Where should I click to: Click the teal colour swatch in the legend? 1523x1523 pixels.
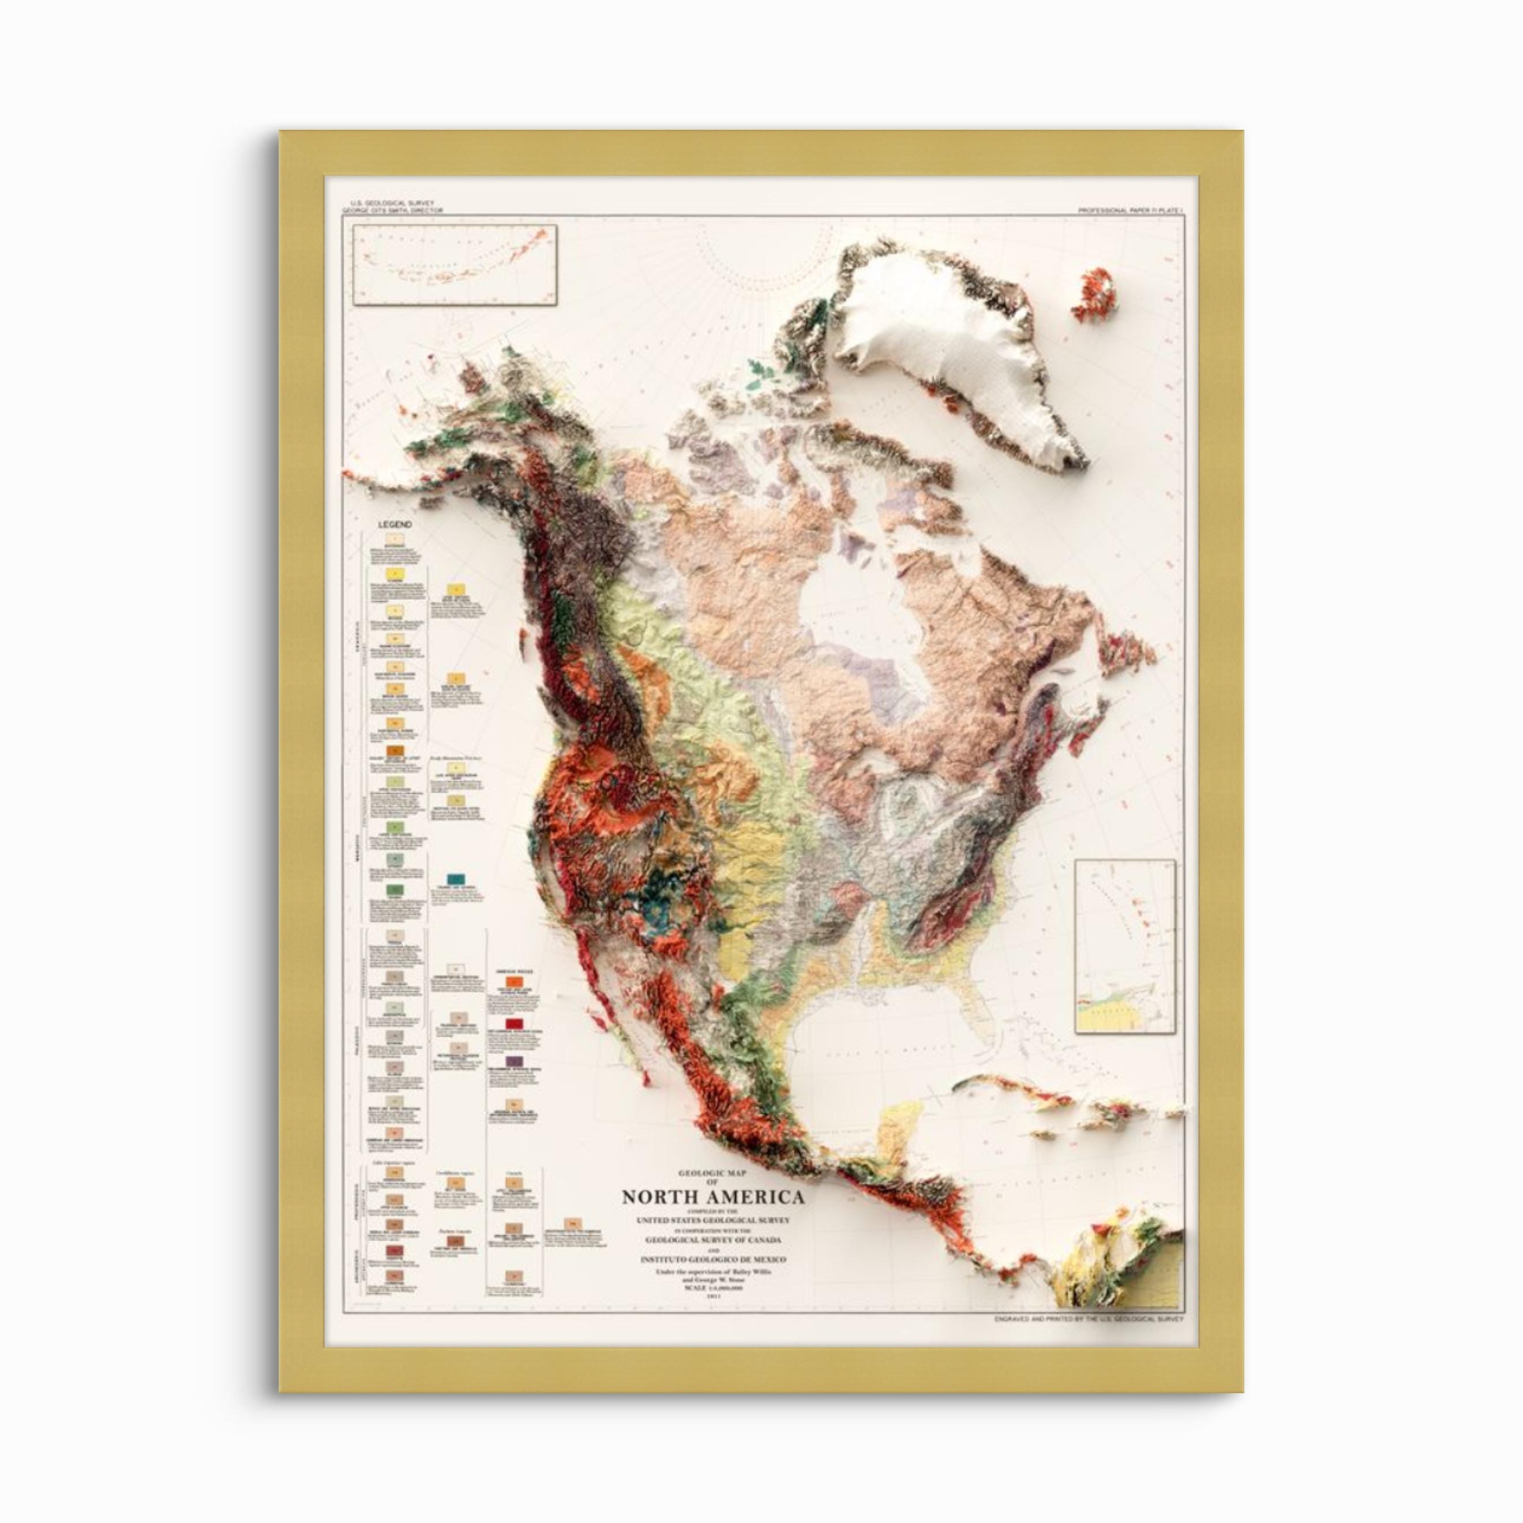pyautogui.click(x=458, y=878)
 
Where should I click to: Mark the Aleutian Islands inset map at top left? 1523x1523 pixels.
pyautogui.click(x=455, y=265)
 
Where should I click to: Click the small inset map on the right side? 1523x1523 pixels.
pyautogui.click(x=1125, y=946)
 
